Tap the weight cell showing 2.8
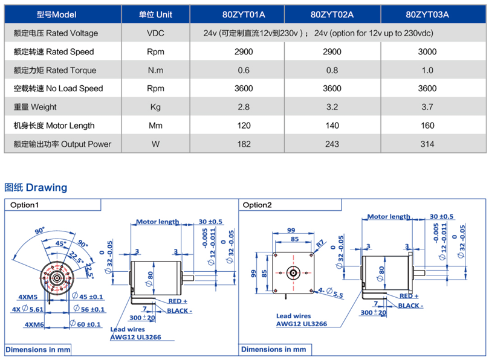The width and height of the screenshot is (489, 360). pyautogui.click(x=243, y=107)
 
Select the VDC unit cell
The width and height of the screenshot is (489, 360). pyautogui.click(x=155, y=33)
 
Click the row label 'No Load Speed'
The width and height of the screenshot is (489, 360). pyautogui.click(x=58, y=88)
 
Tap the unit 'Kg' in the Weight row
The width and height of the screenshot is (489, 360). pyautogui.click(x=155, y=107)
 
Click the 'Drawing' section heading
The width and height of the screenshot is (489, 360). pyautogui.click(x=36, y=187)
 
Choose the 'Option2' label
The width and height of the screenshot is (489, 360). pyautogui.click(x=257, y=205)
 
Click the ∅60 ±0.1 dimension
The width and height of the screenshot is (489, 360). pyautogui.click(x=87, y=324)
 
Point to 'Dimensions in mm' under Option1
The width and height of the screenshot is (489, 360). pyautogui.click(x=38, y=350)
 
